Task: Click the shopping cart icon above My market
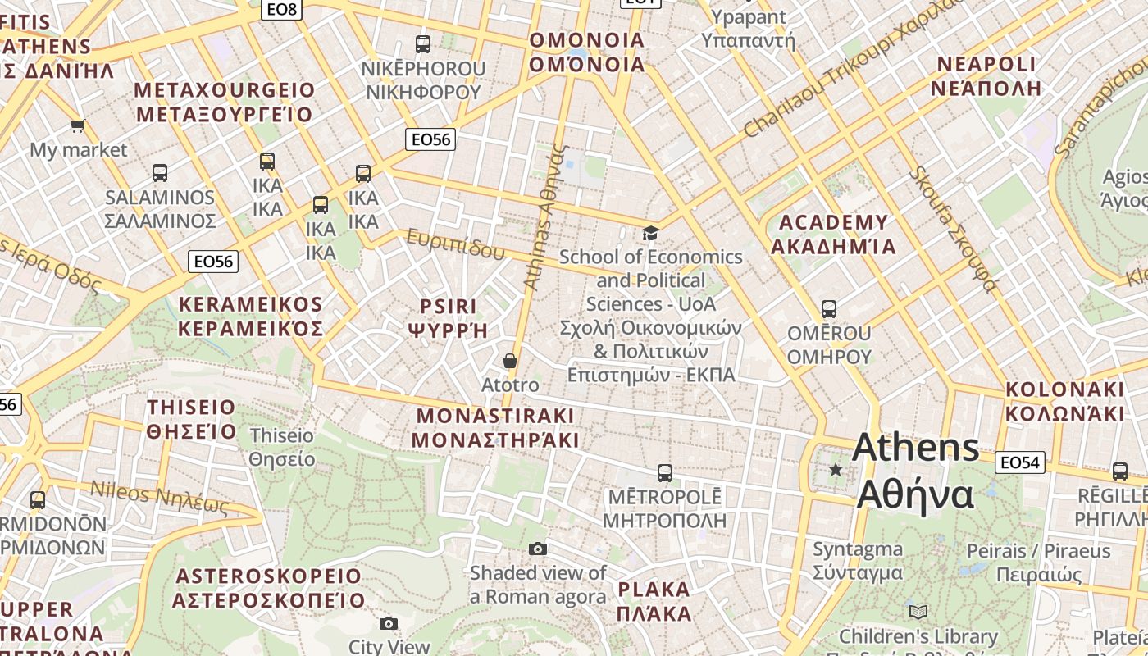click(78, 125)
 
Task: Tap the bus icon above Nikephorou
click(423, 44)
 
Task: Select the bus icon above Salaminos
click(160, 173)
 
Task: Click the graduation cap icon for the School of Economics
click(650, 234)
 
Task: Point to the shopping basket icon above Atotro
click(510, 361)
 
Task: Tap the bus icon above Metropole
click(665, 473)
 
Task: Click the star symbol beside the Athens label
click(836, 470)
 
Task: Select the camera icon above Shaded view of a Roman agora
click(538, 549)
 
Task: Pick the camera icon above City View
click(389, 623)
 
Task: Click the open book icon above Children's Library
click(918, 612)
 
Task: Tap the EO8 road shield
click(281, 10)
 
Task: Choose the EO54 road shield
click(1020, 462)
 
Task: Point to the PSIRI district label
click(448, 318)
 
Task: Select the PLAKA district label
click(654, 601)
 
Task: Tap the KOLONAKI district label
click(1065, 401)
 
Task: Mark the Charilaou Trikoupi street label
click(853, 70)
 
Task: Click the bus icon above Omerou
click(829, 309)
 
